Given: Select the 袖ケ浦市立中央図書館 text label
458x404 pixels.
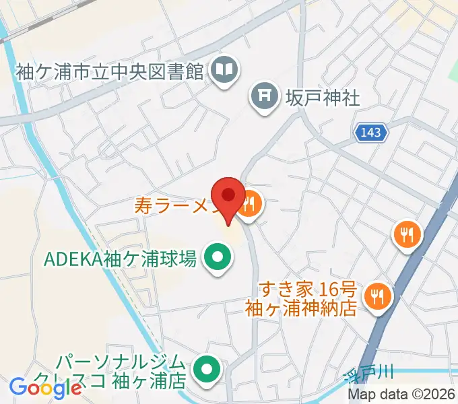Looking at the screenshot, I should coord(109,71).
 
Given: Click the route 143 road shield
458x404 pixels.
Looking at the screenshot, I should coord(372,133).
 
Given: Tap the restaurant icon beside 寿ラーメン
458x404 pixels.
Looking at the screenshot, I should coord(250,203).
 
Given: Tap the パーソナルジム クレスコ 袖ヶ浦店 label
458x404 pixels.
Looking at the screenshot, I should coord(121,370).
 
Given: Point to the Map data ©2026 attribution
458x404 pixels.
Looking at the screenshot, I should coord(401,395).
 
